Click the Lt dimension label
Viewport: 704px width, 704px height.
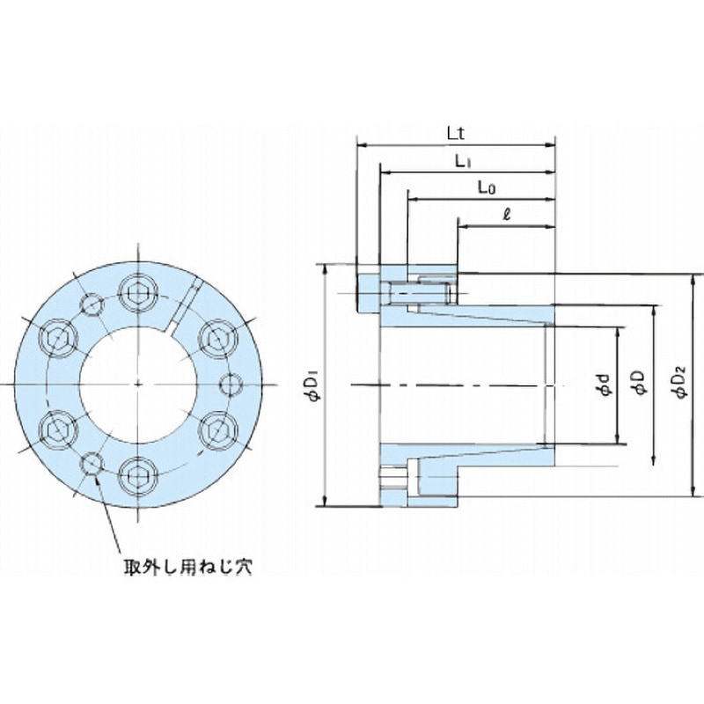point(455,133)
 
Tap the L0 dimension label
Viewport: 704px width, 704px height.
point(485,187)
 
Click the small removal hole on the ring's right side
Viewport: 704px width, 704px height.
point(231,385)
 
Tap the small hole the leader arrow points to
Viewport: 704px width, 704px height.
point(92,464)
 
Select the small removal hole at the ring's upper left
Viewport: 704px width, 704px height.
point(92,304)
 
